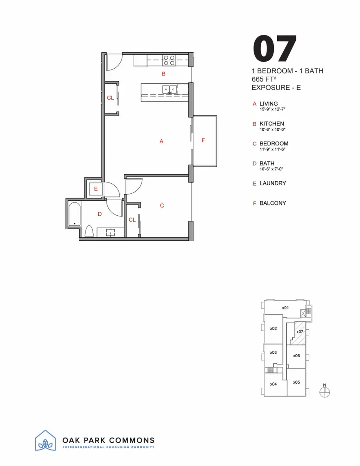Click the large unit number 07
[275, 48]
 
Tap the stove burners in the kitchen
[169, 60]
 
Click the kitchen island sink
[169, 90]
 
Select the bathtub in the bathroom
[75, 214]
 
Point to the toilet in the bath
[90, 232]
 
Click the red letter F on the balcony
[203, 140]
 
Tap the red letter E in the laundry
[96, 189]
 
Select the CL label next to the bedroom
[132, 220]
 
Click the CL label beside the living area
[110, 98]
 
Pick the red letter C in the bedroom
[162, 206]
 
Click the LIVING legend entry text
[269, 104]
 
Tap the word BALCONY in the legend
[272, 203]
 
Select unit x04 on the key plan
[273, 384]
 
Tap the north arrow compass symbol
[325, 391]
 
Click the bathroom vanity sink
[110, 232]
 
